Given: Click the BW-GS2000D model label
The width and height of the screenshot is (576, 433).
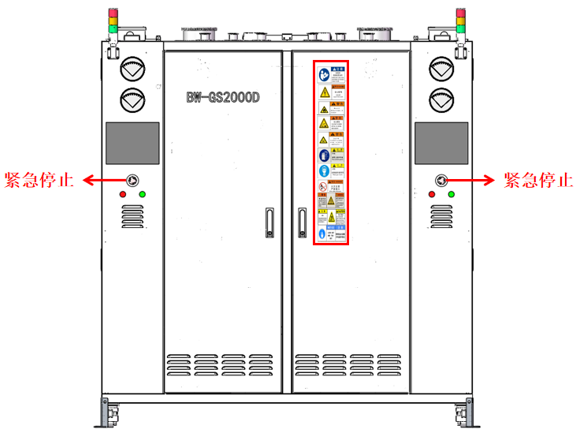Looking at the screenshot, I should pos(223,98).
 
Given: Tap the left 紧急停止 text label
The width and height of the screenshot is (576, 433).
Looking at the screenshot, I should pos(39,179).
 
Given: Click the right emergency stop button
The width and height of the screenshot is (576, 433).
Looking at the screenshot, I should pos(441,179).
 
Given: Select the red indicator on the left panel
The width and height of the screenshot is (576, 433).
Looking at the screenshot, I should pos(122,194).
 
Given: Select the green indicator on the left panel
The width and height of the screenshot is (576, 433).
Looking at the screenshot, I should pos(142,194).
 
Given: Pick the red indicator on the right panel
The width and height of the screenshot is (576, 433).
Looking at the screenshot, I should pos(432,194).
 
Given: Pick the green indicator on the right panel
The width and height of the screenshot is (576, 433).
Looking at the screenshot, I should pos(451,194).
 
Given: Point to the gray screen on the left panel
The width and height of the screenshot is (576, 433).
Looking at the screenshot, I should pos(132,143).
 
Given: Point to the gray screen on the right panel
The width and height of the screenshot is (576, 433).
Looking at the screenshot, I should pos(441,143).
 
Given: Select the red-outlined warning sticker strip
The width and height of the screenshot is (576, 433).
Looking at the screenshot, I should pos(332,151).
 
